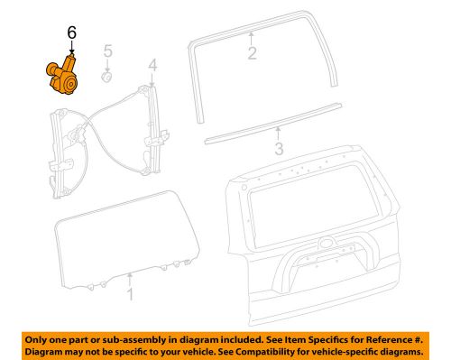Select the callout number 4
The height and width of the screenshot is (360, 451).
coord(152,64)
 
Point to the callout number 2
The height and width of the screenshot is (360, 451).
coord(253,52)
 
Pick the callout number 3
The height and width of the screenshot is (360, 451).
coord(280,147)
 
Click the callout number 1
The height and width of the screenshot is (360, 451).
coord(130,294)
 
